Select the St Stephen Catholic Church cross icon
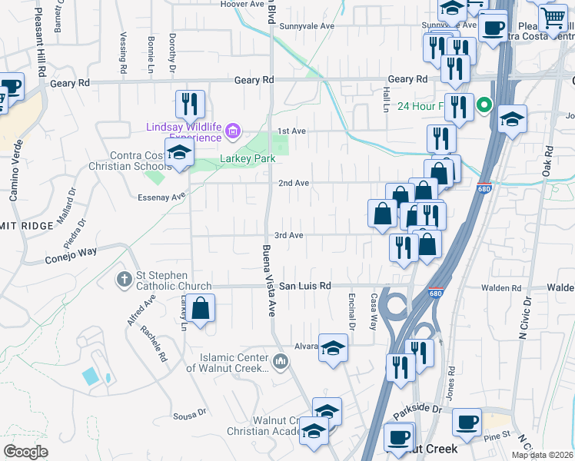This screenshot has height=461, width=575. point(125,278)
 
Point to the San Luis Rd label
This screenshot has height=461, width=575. point(304,286)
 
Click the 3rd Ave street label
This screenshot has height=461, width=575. point(289,235)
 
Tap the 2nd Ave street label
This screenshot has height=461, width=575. point(293,183)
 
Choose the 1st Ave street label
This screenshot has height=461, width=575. point(292,131)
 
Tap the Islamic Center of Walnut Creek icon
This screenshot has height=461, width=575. point(281,360)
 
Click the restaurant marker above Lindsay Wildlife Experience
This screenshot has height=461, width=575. point(189,104)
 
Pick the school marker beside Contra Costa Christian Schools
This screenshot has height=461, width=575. point(179,152)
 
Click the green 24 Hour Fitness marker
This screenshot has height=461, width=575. point(484,105)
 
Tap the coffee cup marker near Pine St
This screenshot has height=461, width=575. point(467,422)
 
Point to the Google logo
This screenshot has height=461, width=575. point(25,452)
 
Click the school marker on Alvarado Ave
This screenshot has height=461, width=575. point(333,350)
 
